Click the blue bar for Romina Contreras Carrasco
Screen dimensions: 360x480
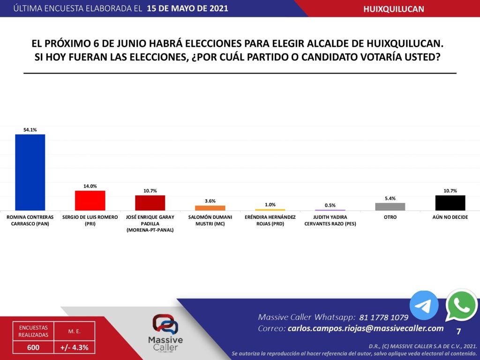(x=30, y=172)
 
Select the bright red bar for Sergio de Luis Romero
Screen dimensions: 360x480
(x=90, y=200)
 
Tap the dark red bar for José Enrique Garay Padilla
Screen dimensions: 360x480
(x=150, y=202)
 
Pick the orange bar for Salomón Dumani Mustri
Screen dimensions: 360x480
(x=210, y=208)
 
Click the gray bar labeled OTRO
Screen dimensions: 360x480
(x=390, y=206)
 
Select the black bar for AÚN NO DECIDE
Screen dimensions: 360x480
(x=450, y=202)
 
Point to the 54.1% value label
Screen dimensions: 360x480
(x=30, y=130)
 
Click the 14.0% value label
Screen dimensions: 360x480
(x=90, y=186)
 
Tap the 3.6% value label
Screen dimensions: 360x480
(x=210, y=201)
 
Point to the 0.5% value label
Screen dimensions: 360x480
(x=330, y=205)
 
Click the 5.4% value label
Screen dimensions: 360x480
(x=390, y=198)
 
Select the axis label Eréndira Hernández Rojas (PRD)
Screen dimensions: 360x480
(x=270, y=220)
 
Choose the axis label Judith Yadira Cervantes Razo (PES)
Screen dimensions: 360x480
(x=330, y=220)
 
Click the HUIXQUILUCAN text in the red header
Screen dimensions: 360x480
(x=394, y=9)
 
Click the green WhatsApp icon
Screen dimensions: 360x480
(x=461, y=305)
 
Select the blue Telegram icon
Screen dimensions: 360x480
(x=424, y=305)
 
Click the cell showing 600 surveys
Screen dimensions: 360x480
(x=33, y=347)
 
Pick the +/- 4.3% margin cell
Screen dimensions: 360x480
(x=75, y=347)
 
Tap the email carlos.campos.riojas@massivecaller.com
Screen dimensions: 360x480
(x=365, y=329)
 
